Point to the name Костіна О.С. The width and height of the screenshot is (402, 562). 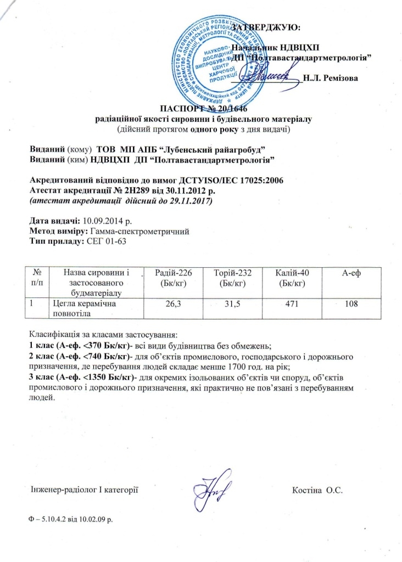point(319,489)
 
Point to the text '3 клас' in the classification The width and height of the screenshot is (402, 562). point(41,378)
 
